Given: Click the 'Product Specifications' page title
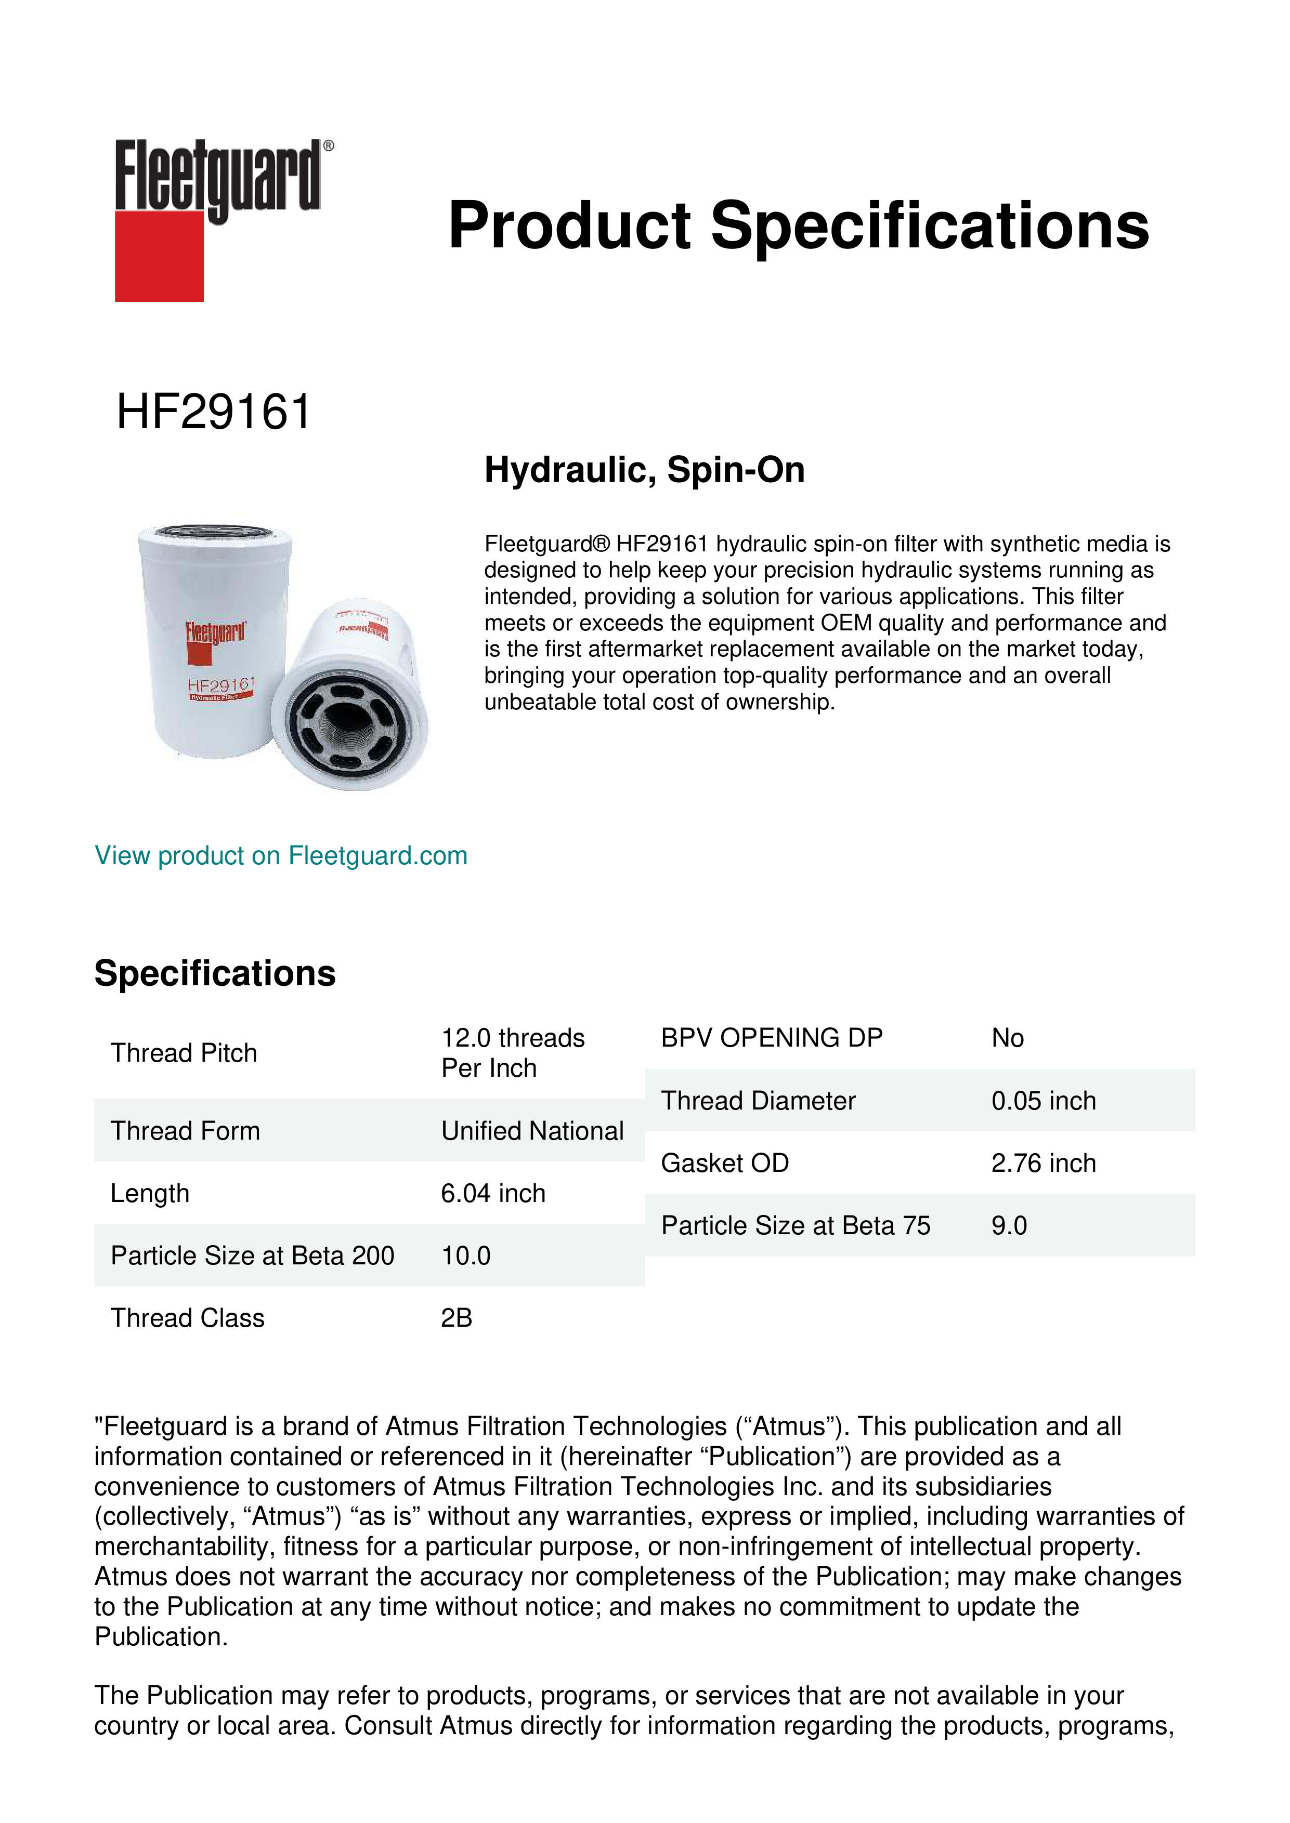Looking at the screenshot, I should click(x=798, y=226).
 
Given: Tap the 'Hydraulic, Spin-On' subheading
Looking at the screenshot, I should click(x=644, y=469).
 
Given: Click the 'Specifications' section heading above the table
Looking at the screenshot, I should click(x=214, y=973).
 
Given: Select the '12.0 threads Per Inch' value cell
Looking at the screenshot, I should click(x=512, y=1053).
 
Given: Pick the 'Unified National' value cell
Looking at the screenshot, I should click(x=532, y=1131).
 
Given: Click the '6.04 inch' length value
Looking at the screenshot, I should click(x=493, y=1193).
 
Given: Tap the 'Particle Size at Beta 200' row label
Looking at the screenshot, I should click(x=252, y=1256).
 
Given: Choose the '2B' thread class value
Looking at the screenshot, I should click(x=456, y=1318).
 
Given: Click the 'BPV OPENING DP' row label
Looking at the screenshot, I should click(x=771, y=1038).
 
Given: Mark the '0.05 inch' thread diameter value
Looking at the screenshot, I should click(x=1043, y=1101).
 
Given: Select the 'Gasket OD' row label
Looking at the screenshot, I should click(x=724, y=1163).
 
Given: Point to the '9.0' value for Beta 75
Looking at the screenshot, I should click(x=1009, y=1225).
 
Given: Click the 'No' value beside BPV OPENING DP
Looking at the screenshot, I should click(x=1007, y=1038).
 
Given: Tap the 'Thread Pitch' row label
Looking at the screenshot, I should click(x=184, y=1053).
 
